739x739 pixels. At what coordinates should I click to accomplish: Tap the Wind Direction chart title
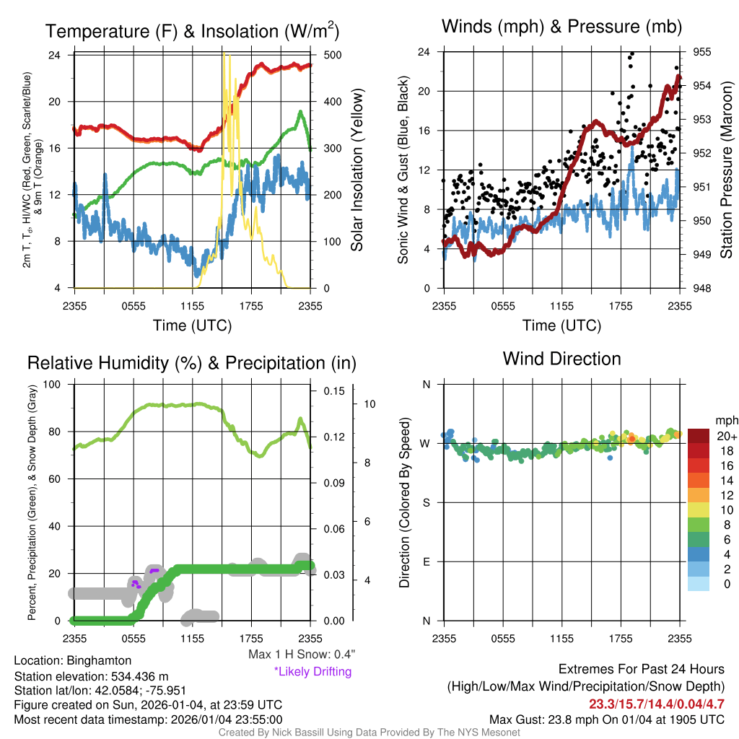click(x=561, y=358)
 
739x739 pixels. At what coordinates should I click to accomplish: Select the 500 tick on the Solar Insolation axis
click(x=328, y=55)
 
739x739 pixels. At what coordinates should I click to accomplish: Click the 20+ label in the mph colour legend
click(x=727, y=436)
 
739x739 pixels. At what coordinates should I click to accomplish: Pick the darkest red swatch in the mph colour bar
click(x=700, y=436)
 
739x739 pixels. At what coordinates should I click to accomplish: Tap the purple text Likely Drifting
click(x=312, y=671)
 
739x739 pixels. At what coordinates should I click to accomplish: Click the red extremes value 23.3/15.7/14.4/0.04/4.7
click(x=656, y=704)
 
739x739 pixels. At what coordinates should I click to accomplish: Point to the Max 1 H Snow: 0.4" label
click(x=302, y=655)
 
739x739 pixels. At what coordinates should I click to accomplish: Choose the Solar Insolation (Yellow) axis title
click(x=357, y=170)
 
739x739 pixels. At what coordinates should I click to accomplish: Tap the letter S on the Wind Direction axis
click(x=426, y=502)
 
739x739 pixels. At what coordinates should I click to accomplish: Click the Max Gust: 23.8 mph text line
click(x=606, y=719)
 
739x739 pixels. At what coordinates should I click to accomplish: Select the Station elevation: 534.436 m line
click(x=91, y=676)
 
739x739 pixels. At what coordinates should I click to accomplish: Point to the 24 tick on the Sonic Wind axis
click(x=424, y=52)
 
